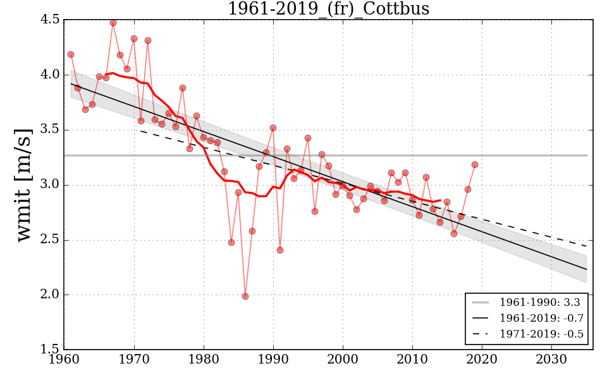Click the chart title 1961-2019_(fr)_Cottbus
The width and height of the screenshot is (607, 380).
pyautogui.click(x=328, y=9)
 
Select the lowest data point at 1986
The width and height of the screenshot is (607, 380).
pyautogui.click(x=245, y=296)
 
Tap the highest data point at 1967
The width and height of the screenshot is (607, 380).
pyautogui.click(x=113, y=23)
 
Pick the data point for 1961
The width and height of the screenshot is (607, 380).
pyautogui.click(x=71, y=54)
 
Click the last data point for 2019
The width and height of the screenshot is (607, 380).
pyautogui.click(x=475, y=165)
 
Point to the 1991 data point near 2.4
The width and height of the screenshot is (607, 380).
pyautogui.click(x=280, y=250)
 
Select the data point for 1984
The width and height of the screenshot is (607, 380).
pyautogui.click(x=231, y=243)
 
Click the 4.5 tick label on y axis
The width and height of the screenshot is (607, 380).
pyautogui.click(x=49, y=20)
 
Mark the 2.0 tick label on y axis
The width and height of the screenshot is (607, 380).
pyautogui.click(x=49, y=295)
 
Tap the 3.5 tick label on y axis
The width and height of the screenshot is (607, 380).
pyautogui.click(x=49, y=130)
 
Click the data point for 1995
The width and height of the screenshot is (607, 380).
pyautogui.click(x=308, y=138)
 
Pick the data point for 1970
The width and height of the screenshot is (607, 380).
pyautogui.click(x=134, y=39)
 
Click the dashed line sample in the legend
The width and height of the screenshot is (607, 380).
pyautogui.click(x=482, y=333)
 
